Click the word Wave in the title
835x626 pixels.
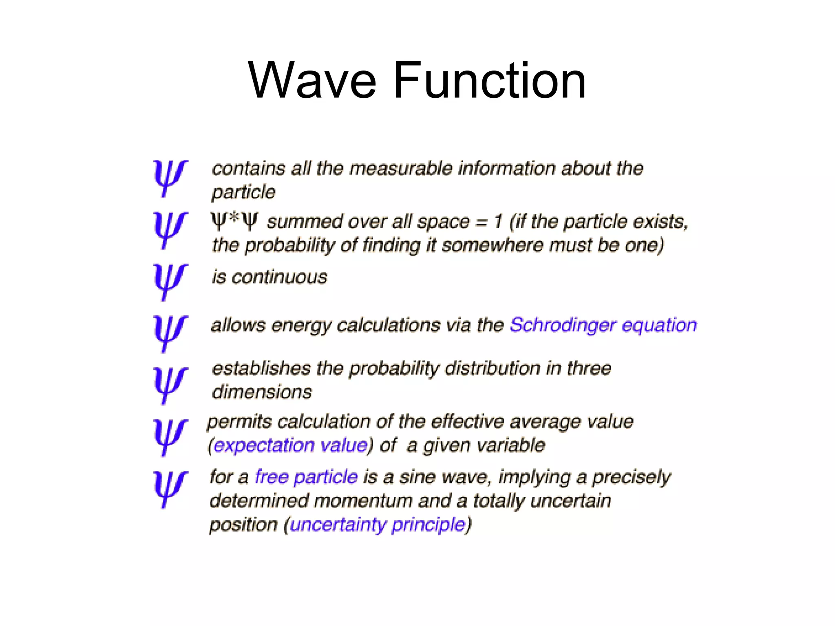[x=312, y=80]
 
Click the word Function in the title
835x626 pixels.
[x=490, y=80]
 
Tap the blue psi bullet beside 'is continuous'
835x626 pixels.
[x=170, y=281]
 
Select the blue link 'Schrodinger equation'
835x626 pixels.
[x=603, y=325]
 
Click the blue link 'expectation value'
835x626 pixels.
[x=291, y=445]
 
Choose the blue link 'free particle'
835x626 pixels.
[x=306, y=476]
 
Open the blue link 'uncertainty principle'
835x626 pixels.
[x=378, y=525]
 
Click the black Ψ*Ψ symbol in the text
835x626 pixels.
[x=234, y=221]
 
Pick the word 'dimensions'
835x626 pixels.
[x=262, y=392]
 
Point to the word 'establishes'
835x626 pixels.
[x=261, y=368]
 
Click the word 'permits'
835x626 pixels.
[x=239, y=422]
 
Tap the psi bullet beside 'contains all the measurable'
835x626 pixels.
[x=170, y=178]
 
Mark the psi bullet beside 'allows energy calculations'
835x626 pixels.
[x=170, y=333]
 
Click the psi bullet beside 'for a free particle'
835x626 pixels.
[x=170, y=489]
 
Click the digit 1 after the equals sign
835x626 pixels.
[x=498, y=222]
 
